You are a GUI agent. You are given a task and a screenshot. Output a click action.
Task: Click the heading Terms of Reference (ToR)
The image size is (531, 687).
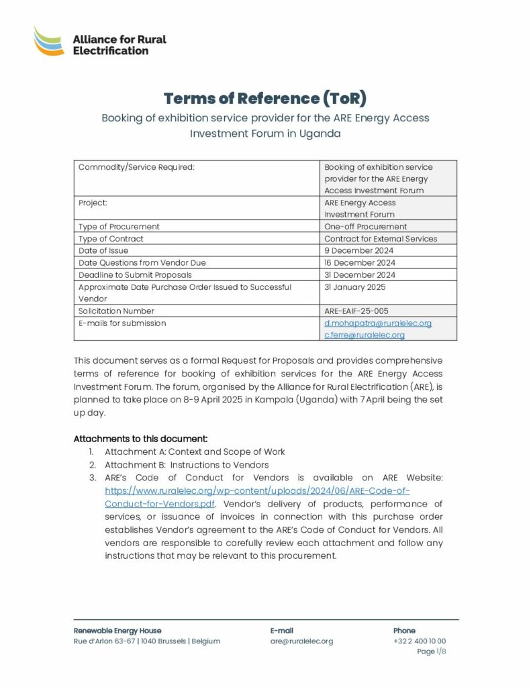[x=265, y=98]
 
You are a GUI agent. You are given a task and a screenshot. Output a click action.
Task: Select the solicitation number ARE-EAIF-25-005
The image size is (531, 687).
[x=356, y=311]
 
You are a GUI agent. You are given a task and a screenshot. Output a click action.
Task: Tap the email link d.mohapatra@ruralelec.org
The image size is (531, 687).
[x=378, y=323]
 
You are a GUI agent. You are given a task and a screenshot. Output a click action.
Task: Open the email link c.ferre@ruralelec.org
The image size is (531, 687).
[x=365, y=335]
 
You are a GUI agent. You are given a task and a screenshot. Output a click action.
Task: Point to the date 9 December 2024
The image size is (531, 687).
[x=358, y=250]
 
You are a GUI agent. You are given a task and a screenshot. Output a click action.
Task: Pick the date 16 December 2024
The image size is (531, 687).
[x=360, y=262]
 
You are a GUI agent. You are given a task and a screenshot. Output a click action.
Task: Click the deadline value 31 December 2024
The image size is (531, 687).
[x=360, y=274]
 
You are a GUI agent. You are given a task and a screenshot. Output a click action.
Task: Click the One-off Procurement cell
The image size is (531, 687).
[x=365, y=226]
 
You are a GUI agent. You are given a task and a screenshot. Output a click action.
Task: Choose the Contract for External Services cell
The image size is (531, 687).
[x=381, y=238]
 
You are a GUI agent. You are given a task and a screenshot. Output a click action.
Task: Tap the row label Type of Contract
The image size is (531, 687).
[x=111, y=238]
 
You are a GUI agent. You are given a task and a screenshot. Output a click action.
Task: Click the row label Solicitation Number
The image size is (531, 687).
[x=116, y=311]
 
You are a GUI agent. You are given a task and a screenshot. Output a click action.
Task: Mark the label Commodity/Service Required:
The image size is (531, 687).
[x=136, y=166]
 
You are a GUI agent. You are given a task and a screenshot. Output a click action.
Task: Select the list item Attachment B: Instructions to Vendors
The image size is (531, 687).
[x=187, y=464]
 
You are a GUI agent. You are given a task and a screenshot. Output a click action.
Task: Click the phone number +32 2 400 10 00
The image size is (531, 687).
[x=419, y=641]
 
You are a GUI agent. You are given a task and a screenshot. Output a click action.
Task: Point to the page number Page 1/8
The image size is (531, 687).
[x=431, y=651]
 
